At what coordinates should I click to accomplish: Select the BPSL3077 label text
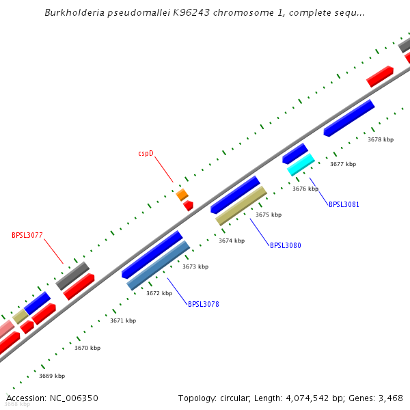27,236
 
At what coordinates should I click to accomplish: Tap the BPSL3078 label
204,304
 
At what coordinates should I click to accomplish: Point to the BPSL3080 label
286,245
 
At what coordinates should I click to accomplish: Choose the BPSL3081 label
344,204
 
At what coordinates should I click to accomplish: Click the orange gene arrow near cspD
182,195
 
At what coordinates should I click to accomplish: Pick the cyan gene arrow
301,165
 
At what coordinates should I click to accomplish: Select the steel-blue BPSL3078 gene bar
159,265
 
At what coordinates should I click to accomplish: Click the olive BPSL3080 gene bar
241,206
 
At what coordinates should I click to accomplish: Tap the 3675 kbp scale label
269,215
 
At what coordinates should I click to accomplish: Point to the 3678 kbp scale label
381,139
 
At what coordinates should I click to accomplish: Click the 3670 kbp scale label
87,348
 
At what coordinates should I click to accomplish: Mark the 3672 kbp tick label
159,293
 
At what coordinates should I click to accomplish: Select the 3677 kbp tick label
343,164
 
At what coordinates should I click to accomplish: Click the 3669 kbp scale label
52,376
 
